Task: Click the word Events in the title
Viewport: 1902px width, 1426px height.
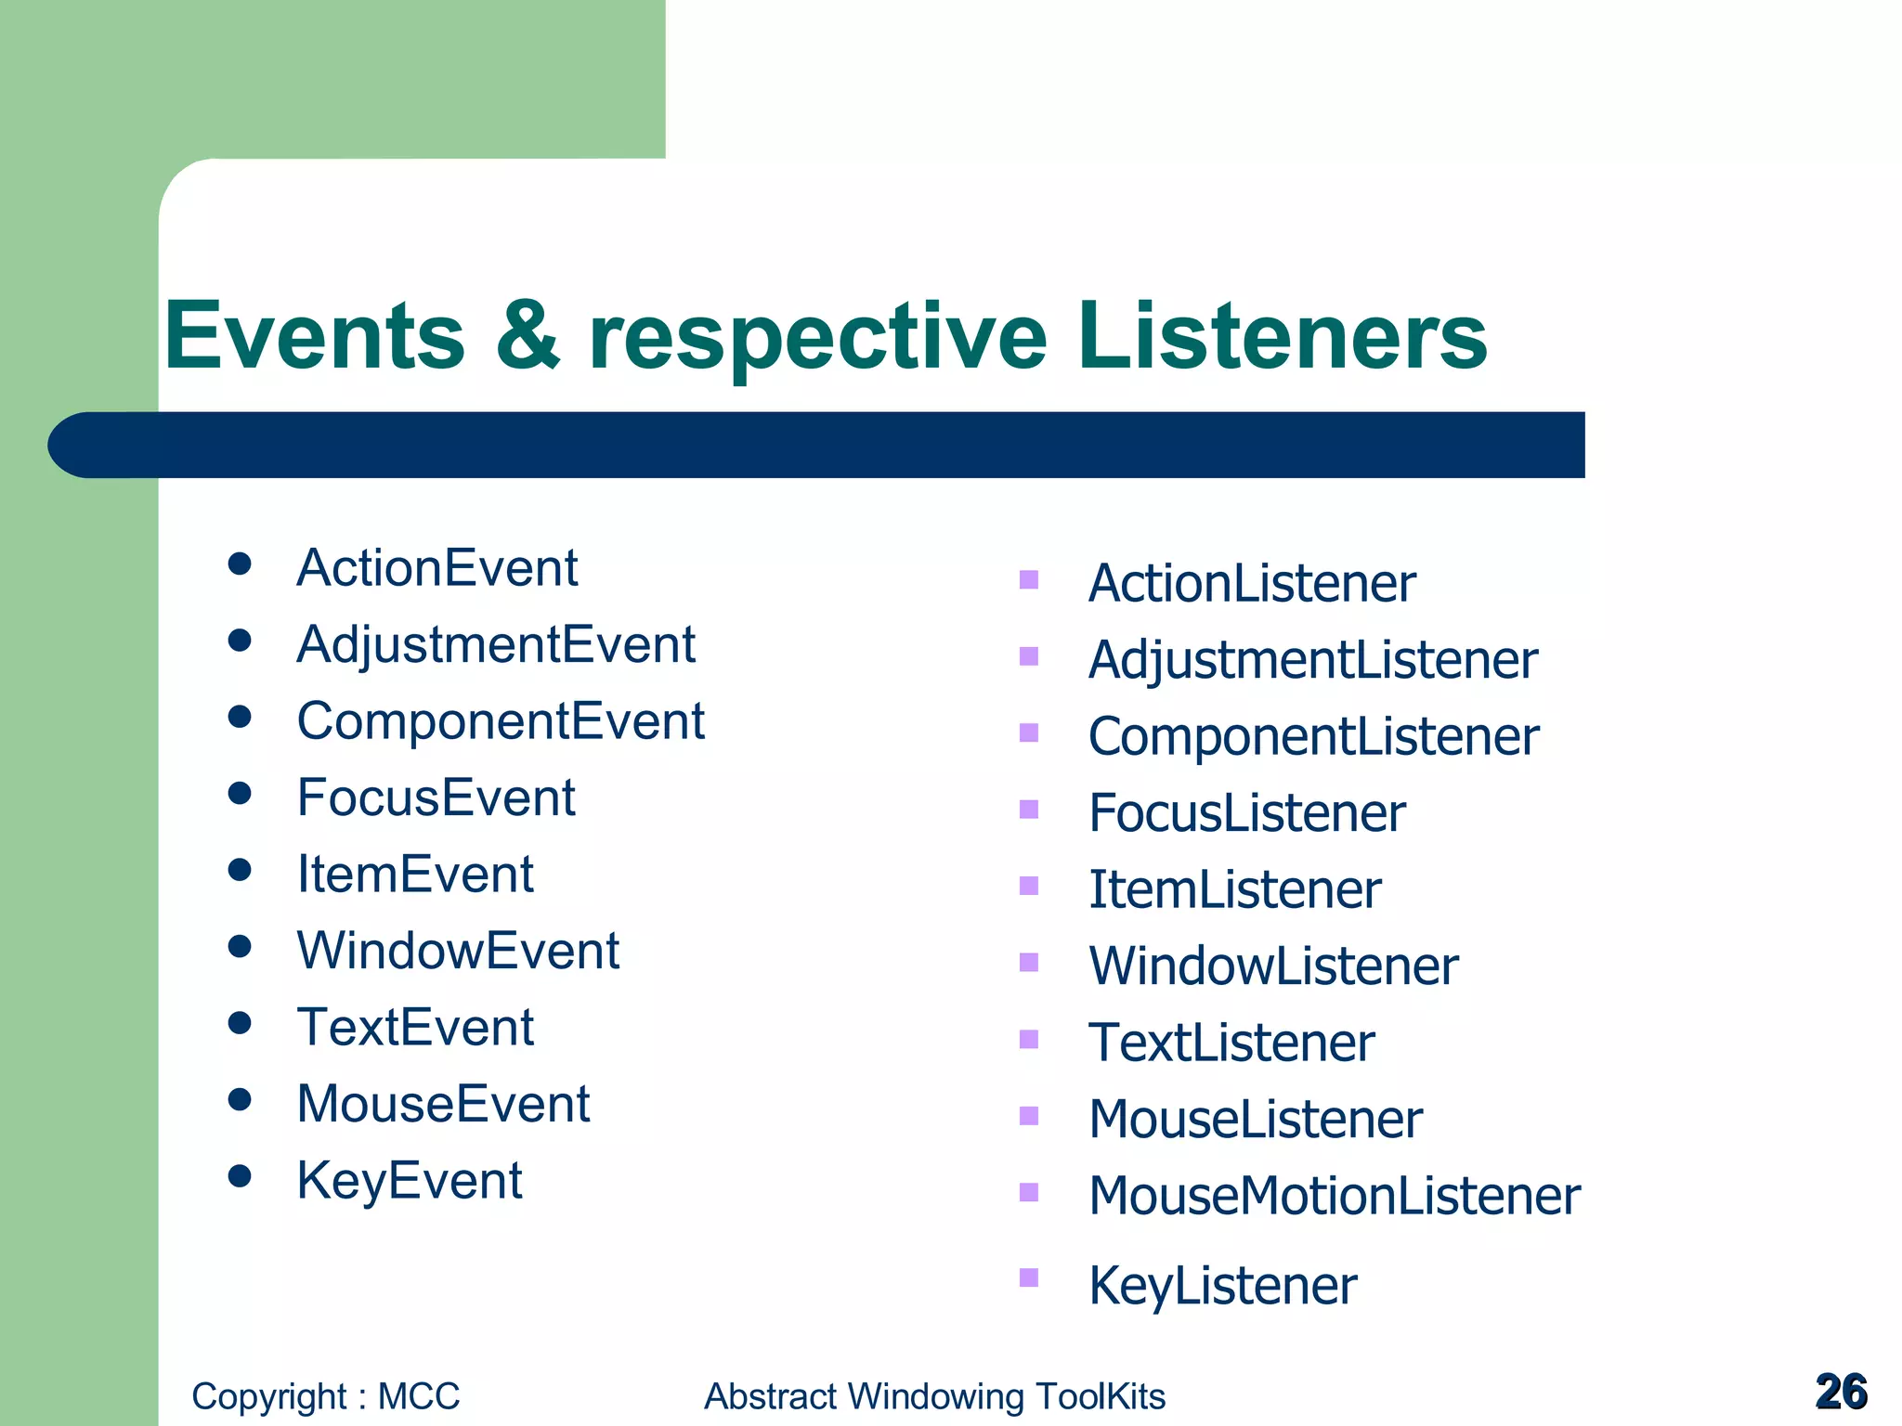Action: [314, 336]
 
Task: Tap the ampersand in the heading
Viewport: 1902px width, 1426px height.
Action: [528, 336]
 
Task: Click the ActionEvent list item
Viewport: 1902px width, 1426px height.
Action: [436, 567]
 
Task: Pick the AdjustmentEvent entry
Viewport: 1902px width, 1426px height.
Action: [495, 644]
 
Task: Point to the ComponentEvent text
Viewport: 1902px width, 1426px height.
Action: [500, 721]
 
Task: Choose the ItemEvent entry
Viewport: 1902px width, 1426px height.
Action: [414, 875]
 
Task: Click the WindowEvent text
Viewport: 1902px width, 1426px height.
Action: [457, 951]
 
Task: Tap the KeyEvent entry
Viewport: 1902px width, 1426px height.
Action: [409, 1181]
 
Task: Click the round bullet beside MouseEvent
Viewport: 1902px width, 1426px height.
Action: [240, 1099]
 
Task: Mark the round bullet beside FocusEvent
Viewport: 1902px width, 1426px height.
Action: [240, 793]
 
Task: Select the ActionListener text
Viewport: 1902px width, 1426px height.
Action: [1251, 584]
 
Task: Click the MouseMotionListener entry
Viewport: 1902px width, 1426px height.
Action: [1334, 1196]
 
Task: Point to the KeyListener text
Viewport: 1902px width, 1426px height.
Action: [1222, 1286]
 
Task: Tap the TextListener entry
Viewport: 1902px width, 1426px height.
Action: [1231, 1043]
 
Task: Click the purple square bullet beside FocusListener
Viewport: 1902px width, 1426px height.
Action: [1028, 810]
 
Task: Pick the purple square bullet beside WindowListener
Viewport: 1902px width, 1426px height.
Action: [1028, 962]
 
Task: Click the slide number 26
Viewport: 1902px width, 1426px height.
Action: [1841, 1392]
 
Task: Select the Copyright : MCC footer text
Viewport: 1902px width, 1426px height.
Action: [325, 1396]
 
